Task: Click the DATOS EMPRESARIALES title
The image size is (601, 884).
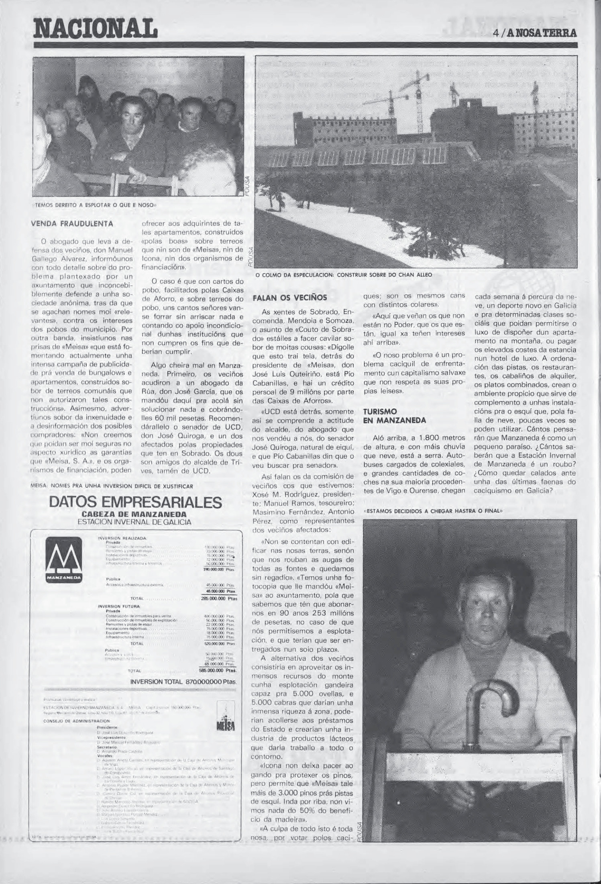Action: (x=135, y=502)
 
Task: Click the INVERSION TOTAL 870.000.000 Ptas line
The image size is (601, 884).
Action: (x=183, y=682)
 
